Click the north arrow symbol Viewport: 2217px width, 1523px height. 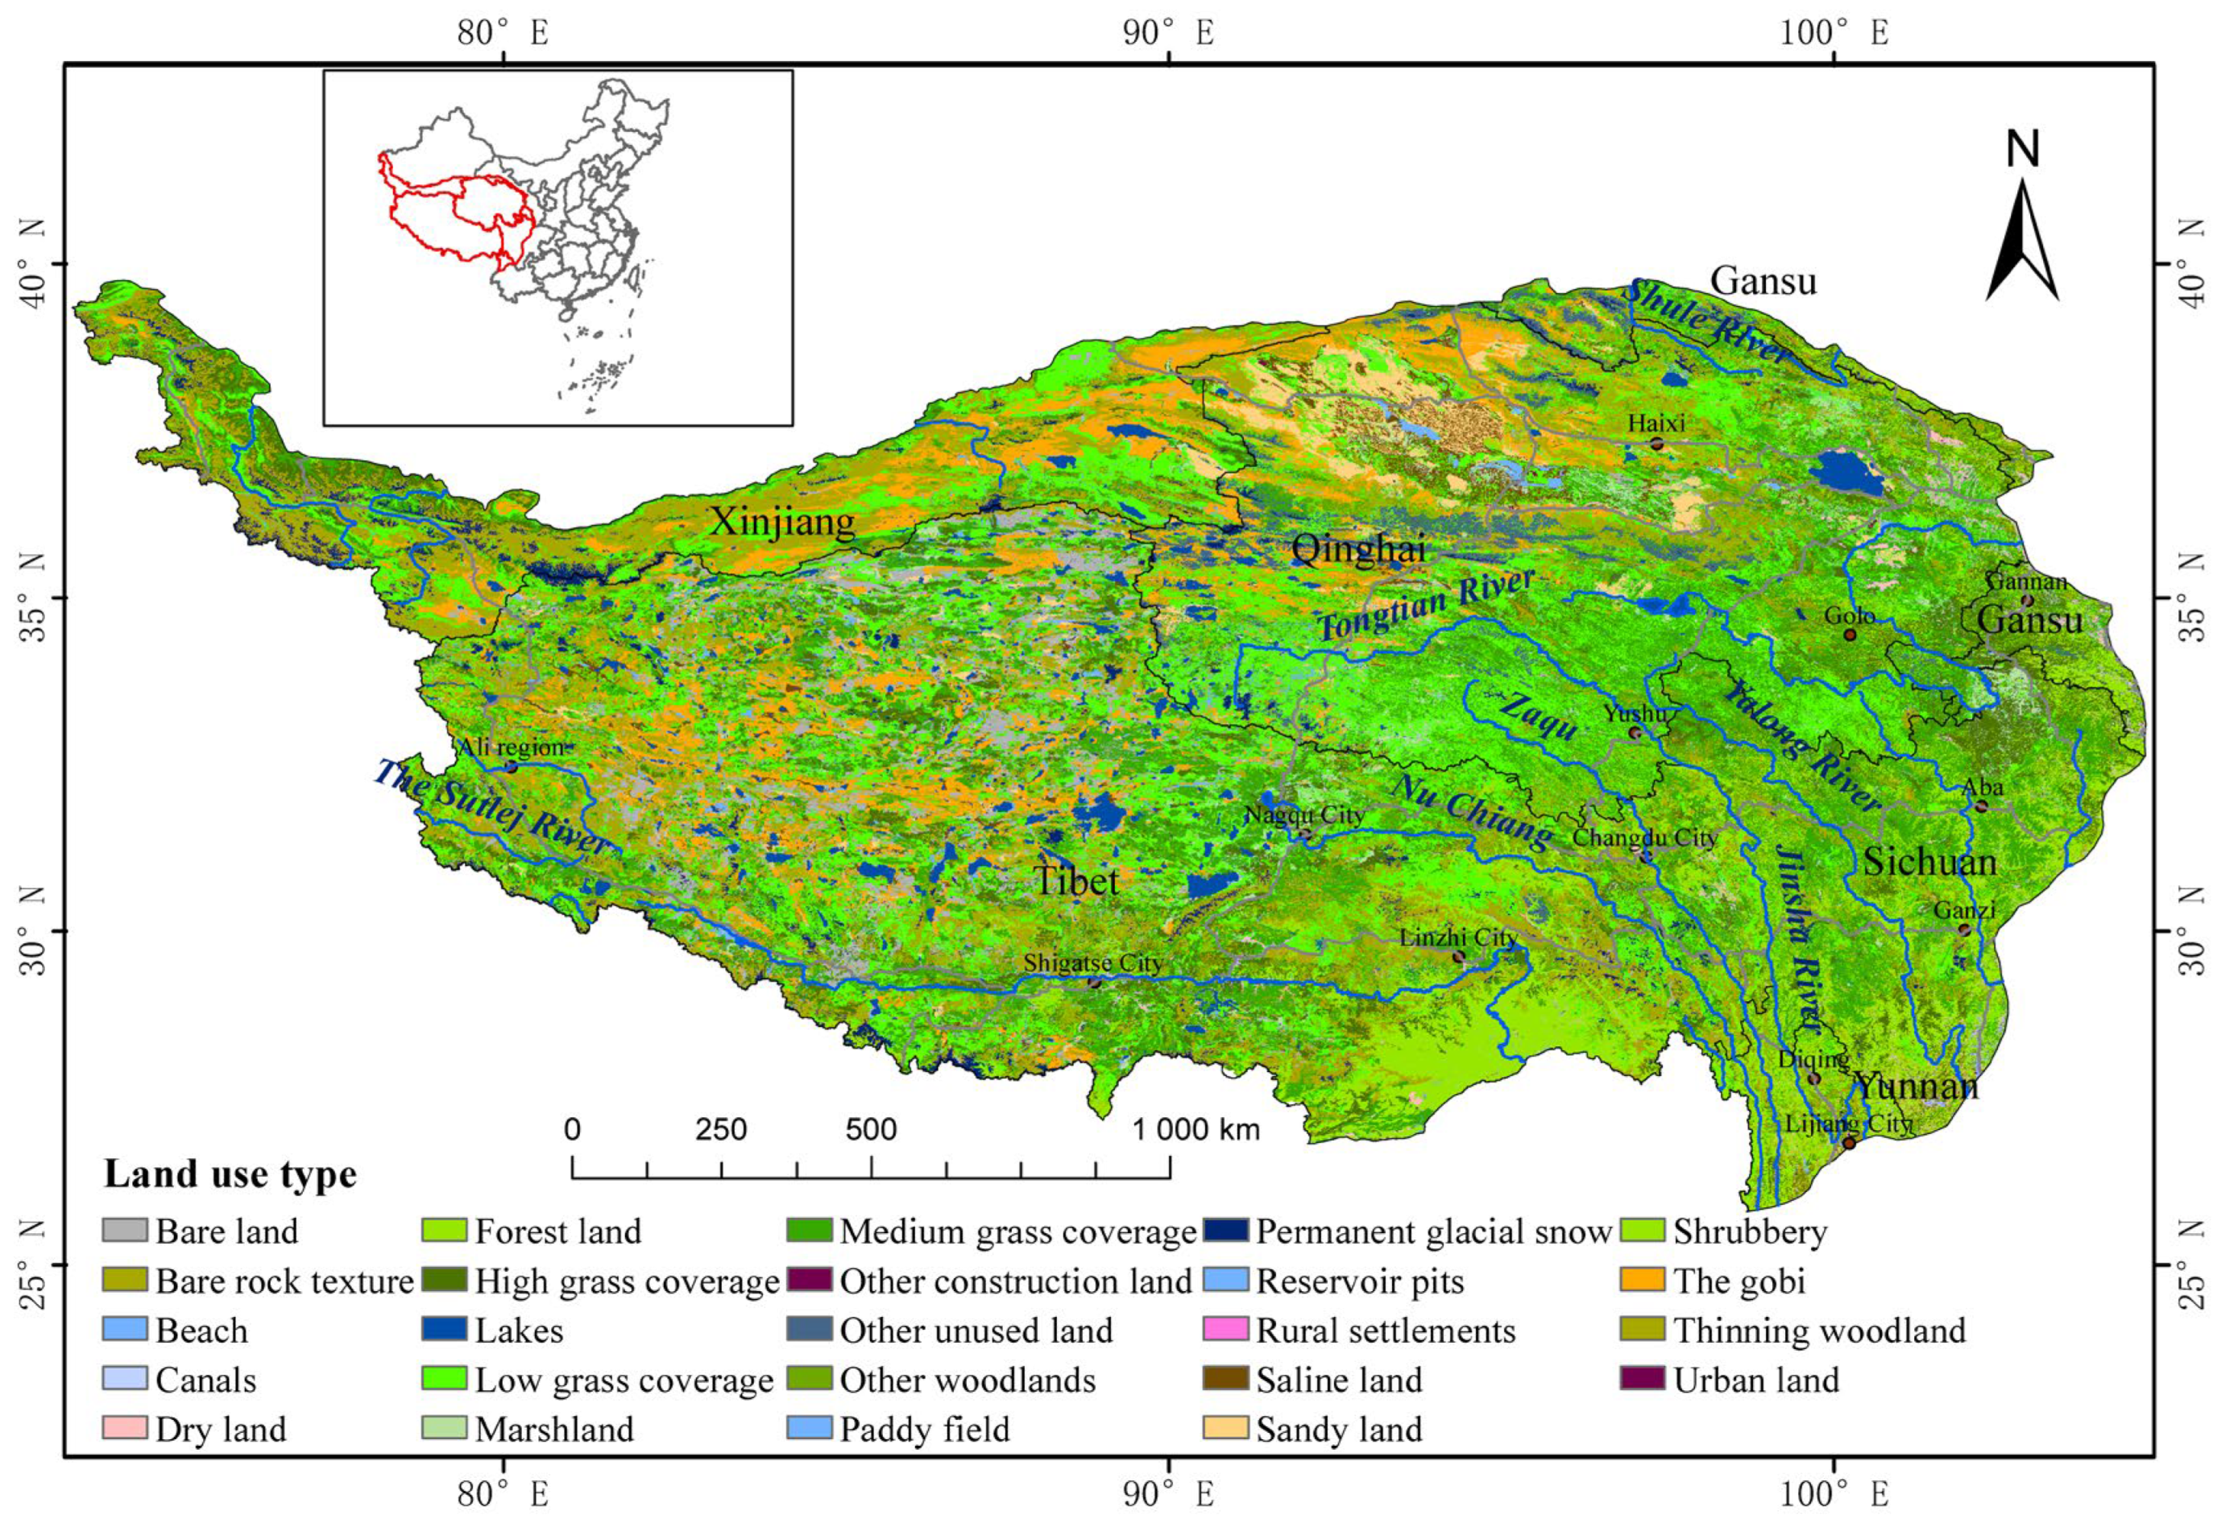(x=2021, y=238)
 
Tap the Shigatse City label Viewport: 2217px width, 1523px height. (x=1092, y=963)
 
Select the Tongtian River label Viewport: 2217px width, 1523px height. (x=1426, y=603)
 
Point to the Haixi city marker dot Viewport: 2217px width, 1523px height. (x=1657, y=444)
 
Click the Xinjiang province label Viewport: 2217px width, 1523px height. (x=781, y=522)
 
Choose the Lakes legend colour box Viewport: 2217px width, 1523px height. (x=444, y=1331)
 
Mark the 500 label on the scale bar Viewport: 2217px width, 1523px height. (x=870, y=1130)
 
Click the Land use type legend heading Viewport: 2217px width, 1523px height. (x=230, y=1173)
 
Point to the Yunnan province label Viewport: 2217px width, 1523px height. (x=1916, y=1086)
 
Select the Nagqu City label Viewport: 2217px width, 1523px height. (x=1304, y=816)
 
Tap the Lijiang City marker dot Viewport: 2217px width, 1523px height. (x=1849, y=1142)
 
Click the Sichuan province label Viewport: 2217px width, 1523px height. (x=1929, y=862)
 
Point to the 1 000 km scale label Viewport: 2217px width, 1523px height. (x=1196, y=1130)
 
